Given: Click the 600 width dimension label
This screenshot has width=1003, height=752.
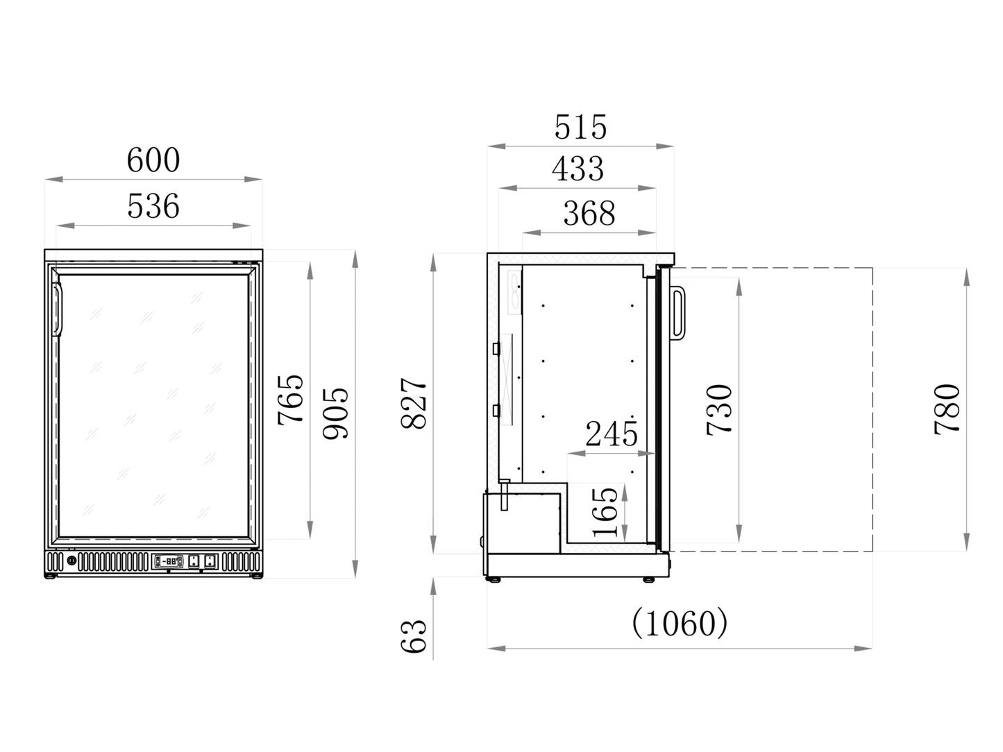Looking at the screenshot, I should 153,160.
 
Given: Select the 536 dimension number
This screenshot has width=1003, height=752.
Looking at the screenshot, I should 153,206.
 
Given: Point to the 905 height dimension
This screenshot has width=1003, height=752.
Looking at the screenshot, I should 337,413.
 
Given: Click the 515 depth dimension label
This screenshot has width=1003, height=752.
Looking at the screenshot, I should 580,127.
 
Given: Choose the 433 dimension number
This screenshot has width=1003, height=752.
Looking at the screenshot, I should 578,169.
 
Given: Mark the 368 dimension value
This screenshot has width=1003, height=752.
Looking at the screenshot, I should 589,213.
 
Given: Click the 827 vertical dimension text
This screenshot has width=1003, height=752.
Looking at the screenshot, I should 415,403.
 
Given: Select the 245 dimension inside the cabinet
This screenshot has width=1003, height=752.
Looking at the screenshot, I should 612,434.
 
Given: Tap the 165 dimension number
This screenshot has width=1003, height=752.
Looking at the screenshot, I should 606,512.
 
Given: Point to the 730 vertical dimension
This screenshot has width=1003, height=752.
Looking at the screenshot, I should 720,409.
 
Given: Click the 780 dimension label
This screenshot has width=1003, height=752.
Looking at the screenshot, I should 947,409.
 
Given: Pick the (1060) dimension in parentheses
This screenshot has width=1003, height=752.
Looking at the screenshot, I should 680,623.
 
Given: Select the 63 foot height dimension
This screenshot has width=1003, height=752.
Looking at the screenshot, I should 414,635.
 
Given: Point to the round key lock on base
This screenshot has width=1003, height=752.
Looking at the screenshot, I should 71,561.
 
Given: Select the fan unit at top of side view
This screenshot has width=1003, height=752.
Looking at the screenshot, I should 515,292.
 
